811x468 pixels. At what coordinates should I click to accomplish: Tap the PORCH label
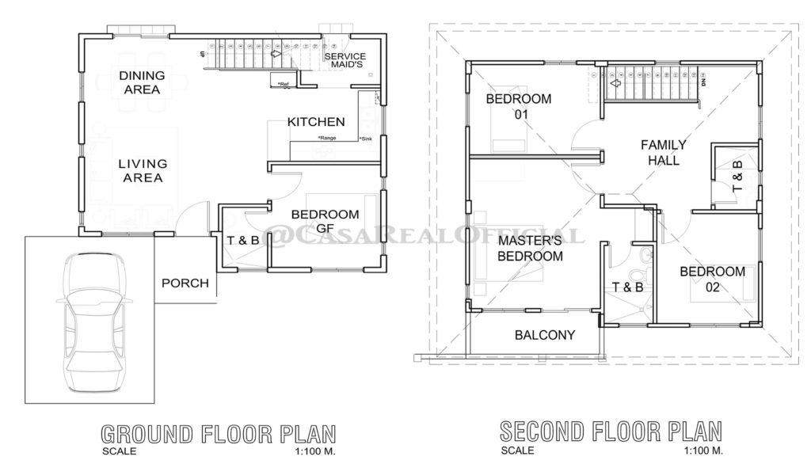(185, 283)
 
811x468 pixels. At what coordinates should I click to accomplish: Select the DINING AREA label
(143, 82)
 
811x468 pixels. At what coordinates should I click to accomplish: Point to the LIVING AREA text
(143, 170)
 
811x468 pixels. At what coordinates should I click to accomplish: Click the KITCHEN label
(316, 122)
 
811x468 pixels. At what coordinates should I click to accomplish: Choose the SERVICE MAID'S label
(345, 60)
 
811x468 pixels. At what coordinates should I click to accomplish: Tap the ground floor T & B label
(242, 241)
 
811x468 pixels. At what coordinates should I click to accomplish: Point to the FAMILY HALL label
(663, 152)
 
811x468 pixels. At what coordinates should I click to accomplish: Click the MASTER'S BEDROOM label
(530, 248)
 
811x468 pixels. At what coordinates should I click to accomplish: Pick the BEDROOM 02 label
(712, 280)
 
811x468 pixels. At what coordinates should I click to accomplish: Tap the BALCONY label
(545, 335)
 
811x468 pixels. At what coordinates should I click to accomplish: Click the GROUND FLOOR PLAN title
(218, 434)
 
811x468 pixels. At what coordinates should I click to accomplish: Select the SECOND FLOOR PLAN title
(611, 432)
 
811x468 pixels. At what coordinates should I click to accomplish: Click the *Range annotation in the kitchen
(327, 139)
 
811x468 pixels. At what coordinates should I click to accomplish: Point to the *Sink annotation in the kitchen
(365, 139)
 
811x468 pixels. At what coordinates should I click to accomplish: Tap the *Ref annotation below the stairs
(283, 84)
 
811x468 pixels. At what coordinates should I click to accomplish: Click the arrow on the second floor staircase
(615, 81)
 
